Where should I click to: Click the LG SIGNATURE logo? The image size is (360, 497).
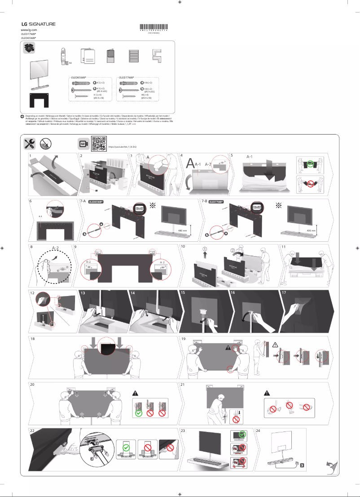tap(38, 24)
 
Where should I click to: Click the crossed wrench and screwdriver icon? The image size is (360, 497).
tap(30, 144)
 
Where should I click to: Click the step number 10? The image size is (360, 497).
tap(183, 247)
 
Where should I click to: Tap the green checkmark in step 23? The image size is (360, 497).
tap(243, 435)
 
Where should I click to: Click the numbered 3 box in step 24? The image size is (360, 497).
tap(302, 465)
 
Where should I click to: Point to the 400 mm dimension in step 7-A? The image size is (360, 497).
tap(182, 230)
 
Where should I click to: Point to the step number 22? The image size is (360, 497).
tap(32, 430)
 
